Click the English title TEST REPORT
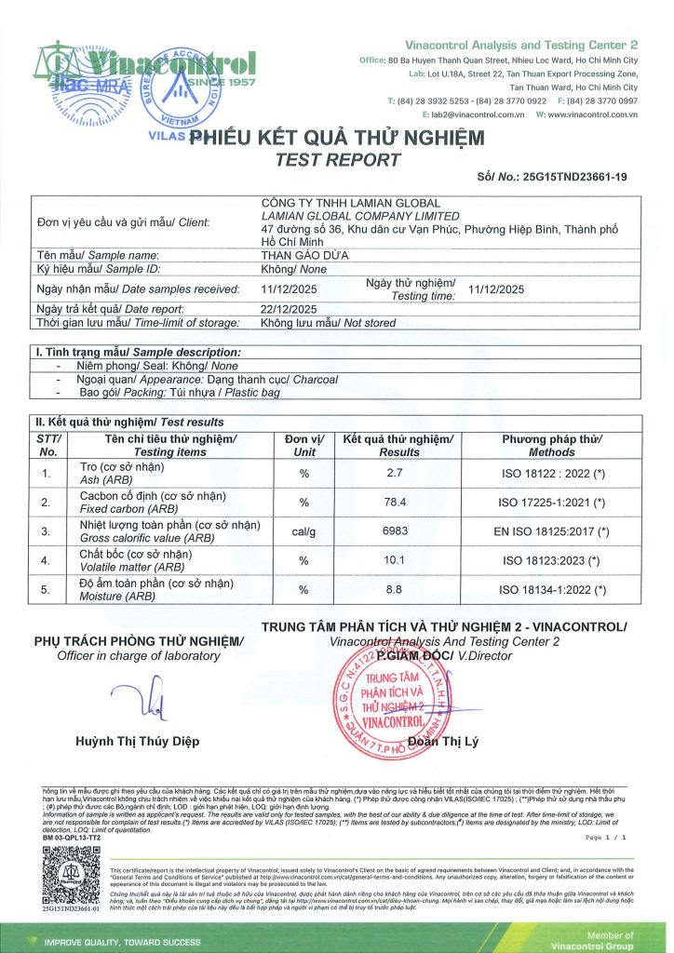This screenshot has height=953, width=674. click(338, 160)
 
